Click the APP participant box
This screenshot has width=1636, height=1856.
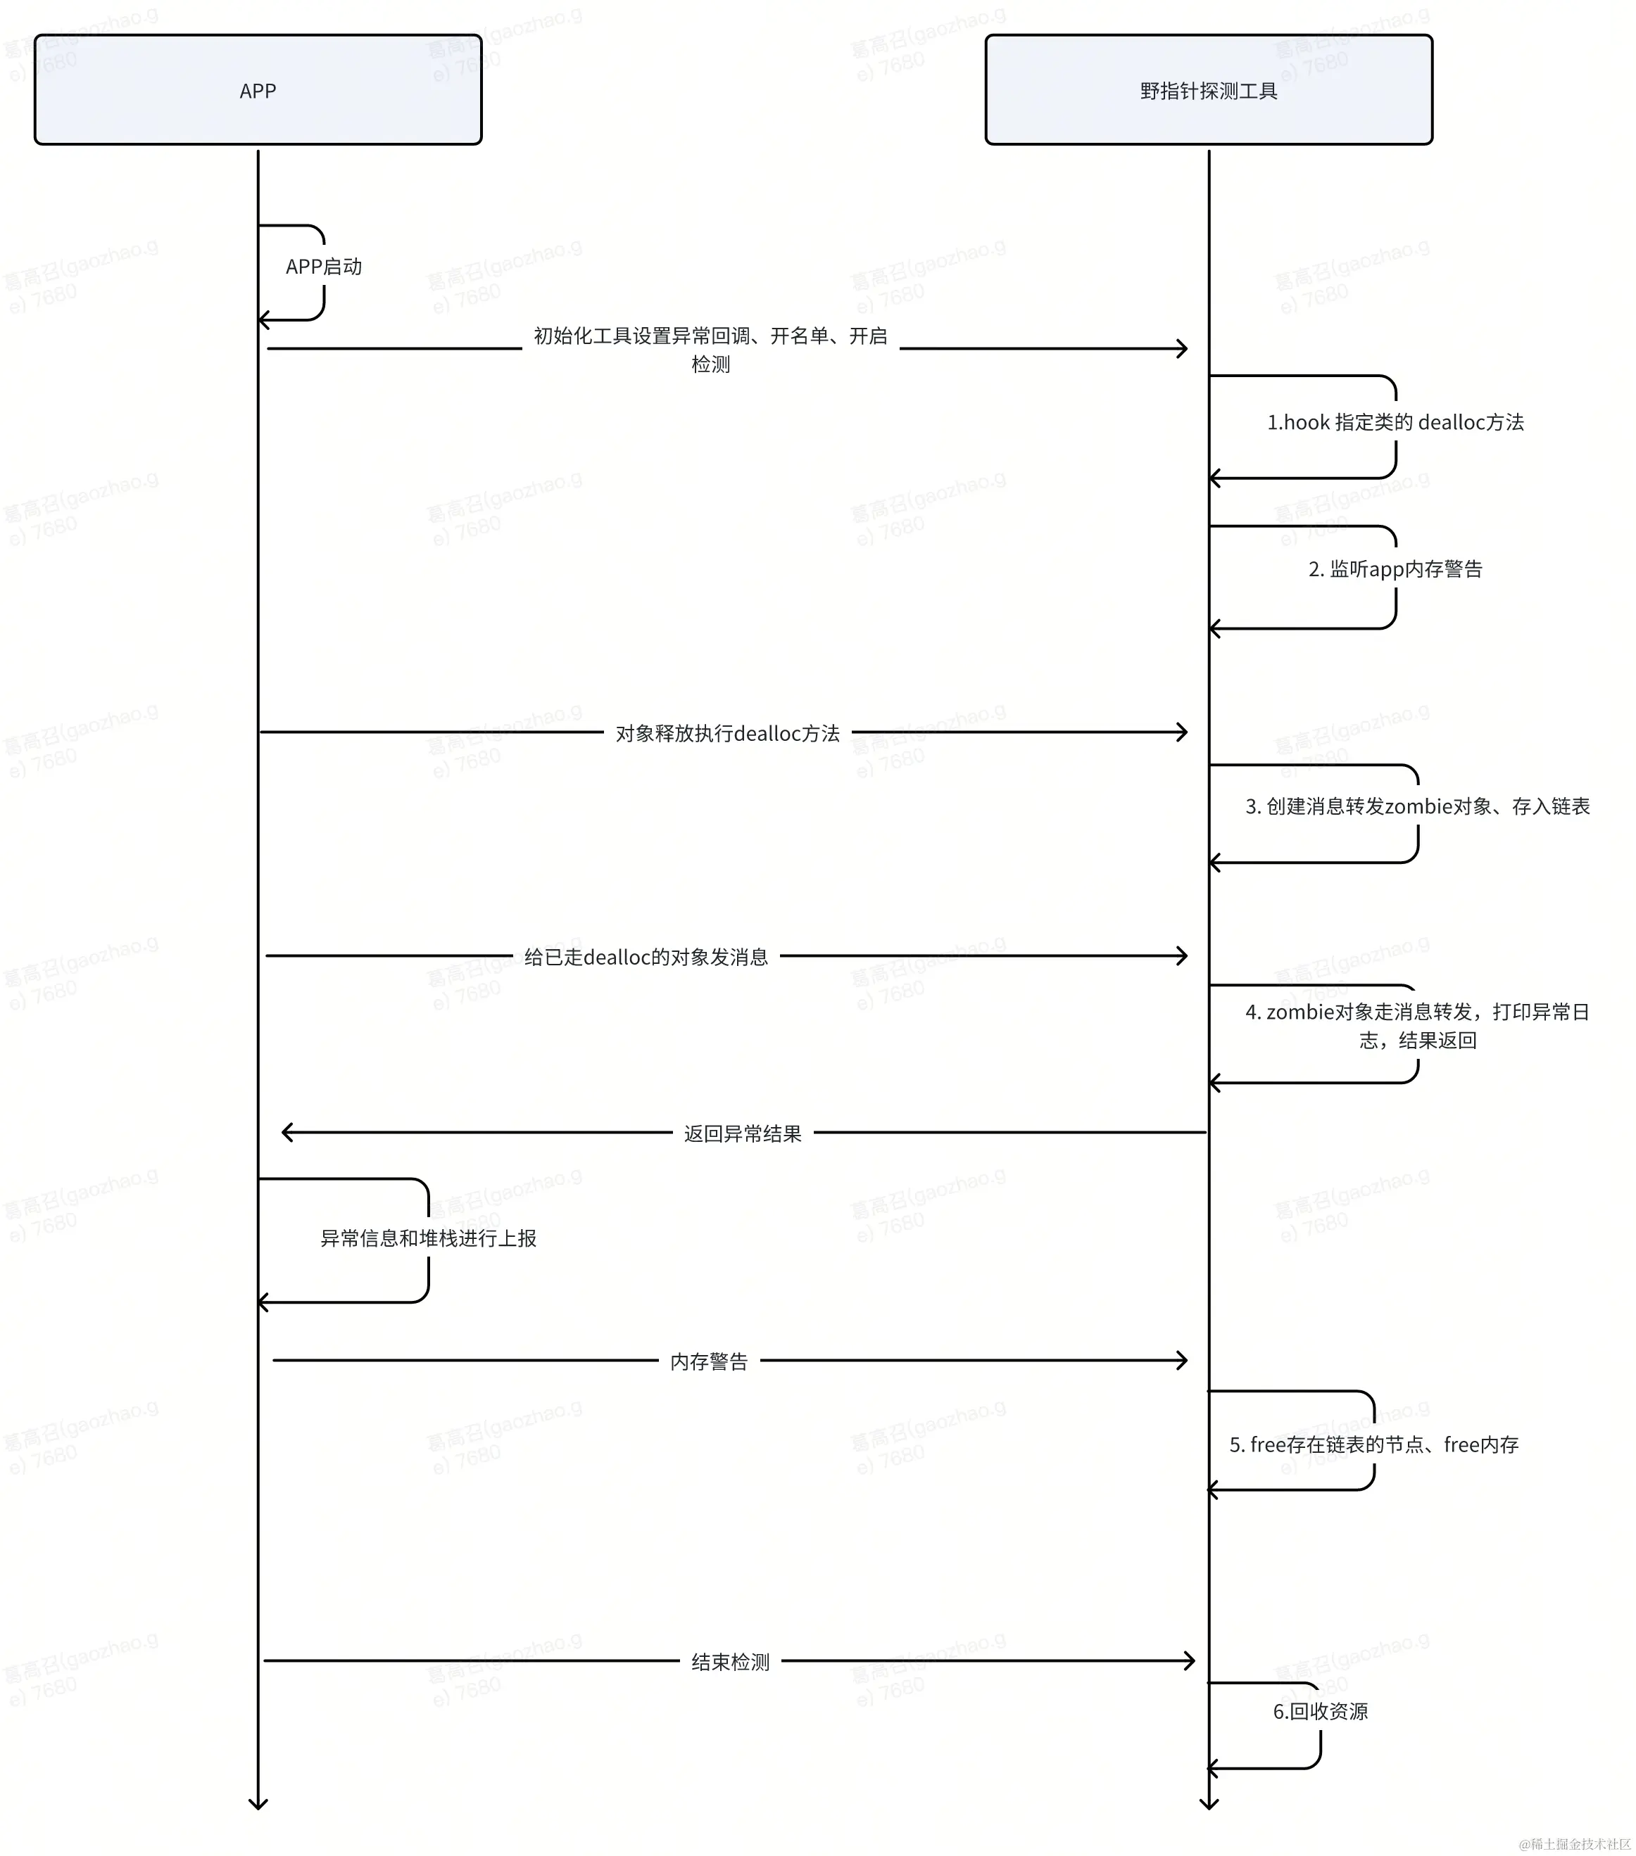click(258, 90)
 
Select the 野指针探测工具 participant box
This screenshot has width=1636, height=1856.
click(1208, 90)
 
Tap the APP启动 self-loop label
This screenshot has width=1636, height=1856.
click(323, 266)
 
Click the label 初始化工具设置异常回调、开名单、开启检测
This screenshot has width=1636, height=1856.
click(710, 350)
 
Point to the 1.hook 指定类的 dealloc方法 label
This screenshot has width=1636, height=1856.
click(1395, 422)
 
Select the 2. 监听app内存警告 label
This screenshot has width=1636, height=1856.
click(1395, 569)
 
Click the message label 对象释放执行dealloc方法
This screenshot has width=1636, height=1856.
click(728, 733)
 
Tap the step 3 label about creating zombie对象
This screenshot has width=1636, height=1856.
click(1416, 806)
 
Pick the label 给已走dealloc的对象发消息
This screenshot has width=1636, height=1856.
click(646, 957)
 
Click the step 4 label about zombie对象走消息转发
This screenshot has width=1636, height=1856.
click(1416, 1025)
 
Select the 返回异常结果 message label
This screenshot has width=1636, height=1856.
click(742, 1133)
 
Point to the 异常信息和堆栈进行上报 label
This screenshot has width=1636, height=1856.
click(428, 1238)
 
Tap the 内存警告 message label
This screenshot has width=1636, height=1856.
click(709, 1361)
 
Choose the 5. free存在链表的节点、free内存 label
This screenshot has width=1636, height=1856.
click(1373, 1444)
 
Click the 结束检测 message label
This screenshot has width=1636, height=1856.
click(730, 1662)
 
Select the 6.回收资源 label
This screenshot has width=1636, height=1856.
click(1320, 1712)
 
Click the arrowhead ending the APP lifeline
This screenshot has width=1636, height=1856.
click(258, 1803)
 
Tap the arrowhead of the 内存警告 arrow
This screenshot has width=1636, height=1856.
click(1182, 1360)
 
